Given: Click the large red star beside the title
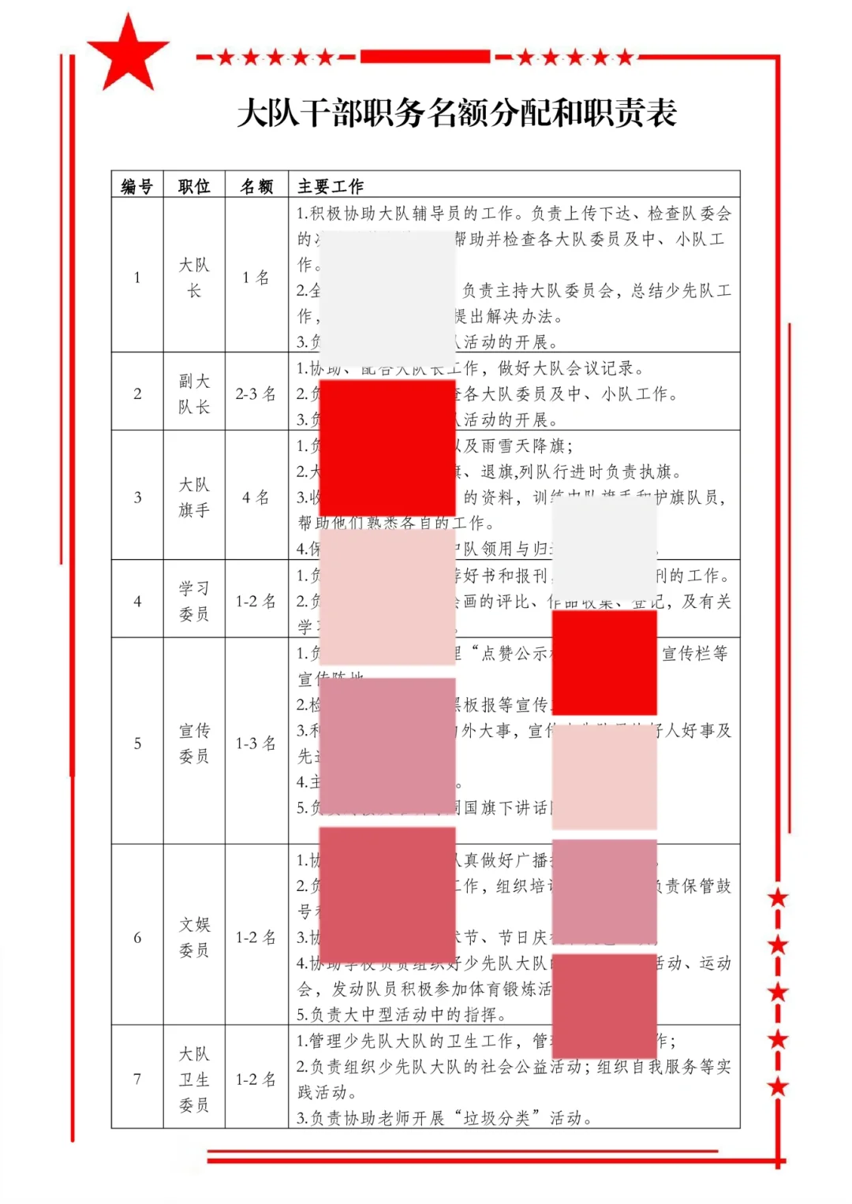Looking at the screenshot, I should tap(127, 54).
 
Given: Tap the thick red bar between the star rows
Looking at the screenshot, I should tap(426, 56).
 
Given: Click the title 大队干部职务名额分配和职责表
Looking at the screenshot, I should tap(457, 113).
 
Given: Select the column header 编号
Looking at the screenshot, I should tap(137, 186).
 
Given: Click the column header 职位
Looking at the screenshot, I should tap(194, 186).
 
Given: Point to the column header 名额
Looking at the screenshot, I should tap(256, 186).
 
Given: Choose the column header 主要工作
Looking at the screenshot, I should tap(331, 186).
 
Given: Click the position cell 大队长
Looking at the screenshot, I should tap(194, 278).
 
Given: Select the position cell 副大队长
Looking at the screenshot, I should tap(194, 393).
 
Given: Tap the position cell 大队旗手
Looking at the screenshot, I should tap(194, 497).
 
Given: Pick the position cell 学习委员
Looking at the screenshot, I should tap(194, 601).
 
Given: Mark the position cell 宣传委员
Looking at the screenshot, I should tap(194, 743).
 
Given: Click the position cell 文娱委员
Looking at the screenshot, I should tap(194, 937).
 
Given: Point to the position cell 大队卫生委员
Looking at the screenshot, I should tap(194, 1079).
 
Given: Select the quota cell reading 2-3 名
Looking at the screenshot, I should tap(256, 393).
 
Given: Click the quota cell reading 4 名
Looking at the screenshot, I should tap(256, 498).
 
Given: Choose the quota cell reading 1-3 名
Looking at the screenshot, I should tap(256, 743).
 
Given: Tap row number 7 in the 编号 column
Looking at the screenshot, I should tap(137, 1079).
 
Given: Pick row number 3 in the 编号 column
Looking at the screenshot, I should tap(137, 498).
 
